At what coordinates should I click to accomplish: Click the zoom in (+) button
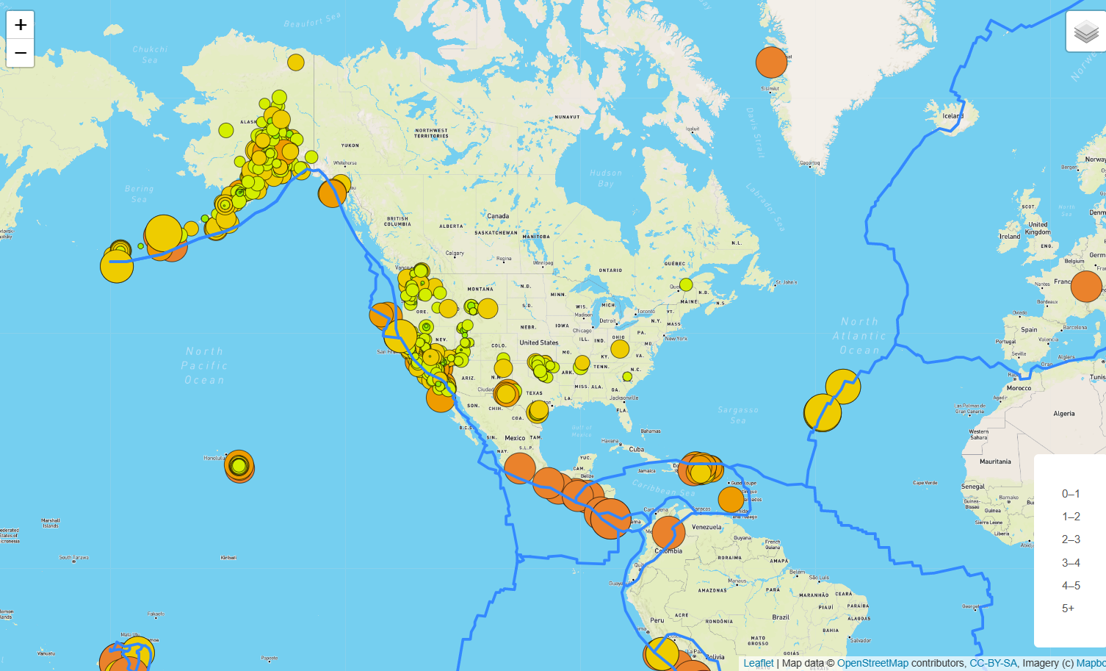click(x=21, y=25)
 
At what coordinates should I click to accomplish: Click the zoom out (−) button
click(x=21, y=53)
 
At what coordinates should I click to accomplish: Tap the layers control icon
click(x=1086, y=32)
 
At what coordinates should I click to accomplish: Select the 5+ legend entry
click(x=1068, y=609)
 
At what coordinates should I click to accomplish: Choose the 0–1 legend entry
click(x=1071, y=494)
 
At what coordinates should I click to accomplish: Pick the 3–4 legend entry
click(x=1071, y=563)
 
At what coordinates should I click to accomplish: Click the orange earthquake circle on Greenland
click(x=771, y=62)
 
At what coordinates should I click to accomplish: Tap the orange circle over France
click(x=1086, y=286)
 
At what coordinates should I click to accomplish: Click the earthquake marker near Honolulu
click(x=239, y=466)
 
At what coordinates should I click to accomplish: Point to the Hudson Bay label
click(x=606, y=179)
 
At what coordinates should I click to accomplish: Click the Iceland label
click(x=953, y=116)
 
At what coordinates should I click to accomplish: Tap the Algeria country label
click(x=1064, y=414)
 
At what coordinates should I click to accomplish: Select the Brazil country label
click(x=781, y=617)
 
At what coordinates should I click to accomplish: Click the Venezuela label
click(x=706, y=527)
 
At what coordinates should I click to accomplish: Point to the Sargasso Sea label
click(x=738, y=415)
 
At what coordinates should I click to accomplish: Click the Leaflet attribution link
click(x=758, y=663)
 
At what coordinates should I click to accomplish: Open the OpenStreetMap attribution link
click(x=872, y=663)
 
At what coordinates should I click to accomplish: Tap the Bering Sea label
click(x=139, y=194)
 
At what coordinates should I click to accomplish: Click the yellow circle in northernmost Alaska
click(x=296, y=62)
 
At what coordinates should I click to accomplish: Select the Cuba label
click(x=636, y=449)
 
